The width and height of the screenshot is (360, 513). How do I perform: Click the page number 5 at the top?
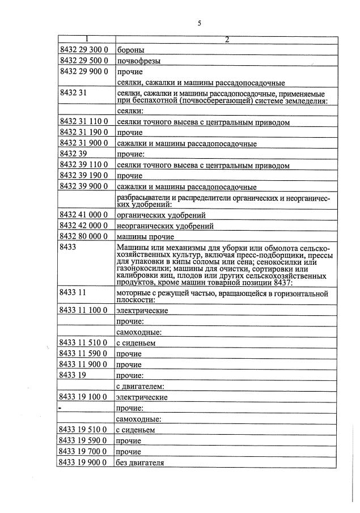point(200,23)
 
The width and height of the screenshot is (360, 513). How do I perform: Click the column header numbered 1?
point(87,39)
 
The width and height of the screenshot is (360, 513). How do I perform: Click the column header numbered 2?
point(226,39)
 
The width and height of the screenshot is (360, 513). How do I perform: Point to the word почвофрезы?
point(138,61)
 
